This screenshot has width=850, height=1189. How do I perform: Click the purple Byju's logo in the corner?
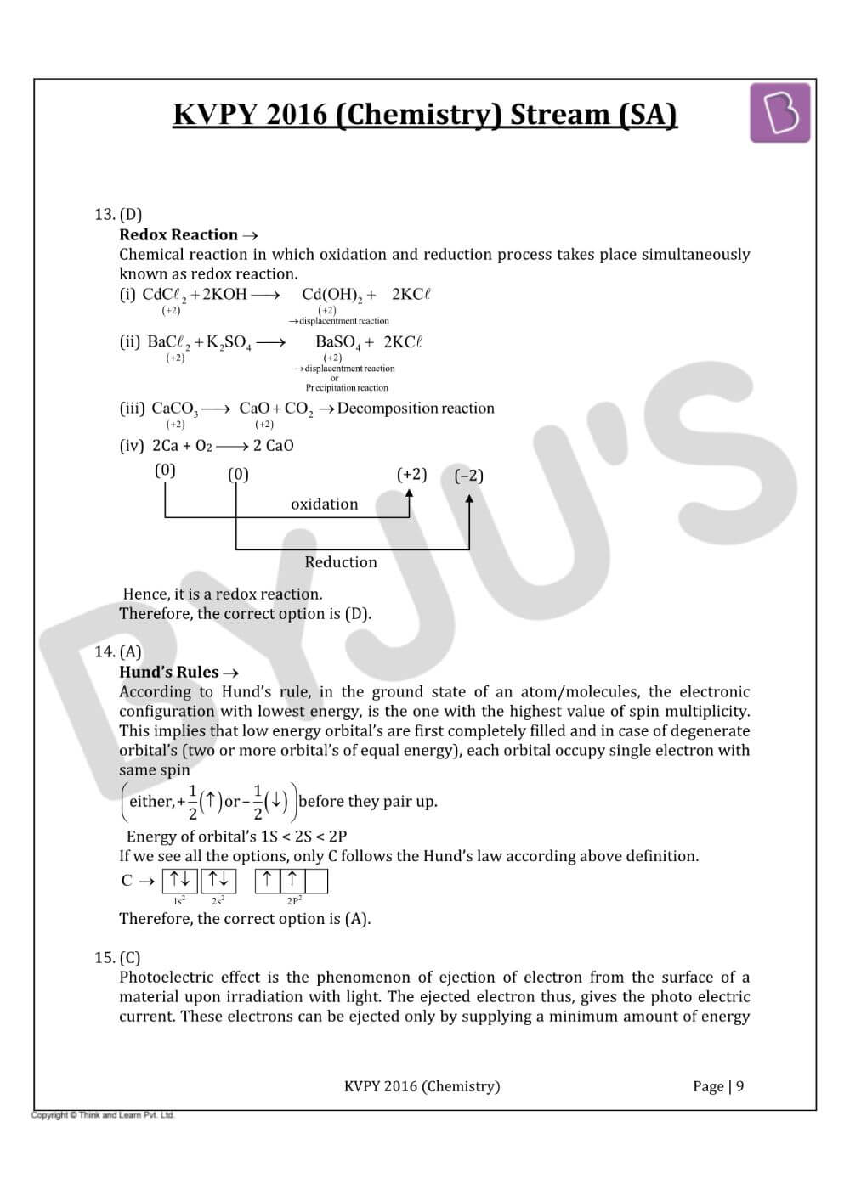point(779,113)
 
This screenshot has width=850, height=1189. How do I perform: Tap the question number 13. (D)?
point(118,214)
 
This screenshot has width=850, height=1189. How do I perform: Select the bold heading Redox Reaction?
point(178,234)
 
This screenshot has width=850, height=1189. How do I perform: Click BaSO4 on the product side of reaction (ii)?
point(337,342)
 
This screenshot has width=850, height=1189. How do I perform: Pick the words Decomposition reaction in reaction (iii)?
point(416,409)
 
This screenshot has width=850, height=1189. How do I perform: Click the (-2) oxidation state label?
point(468,476)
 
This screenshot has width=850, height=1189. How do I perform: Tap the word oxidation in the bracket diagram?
point(324,504)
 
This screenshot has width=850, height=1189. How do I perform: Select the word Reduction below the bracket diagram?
point(340,561)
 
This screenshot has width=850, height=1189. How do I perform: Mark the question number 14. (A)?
point(118,651)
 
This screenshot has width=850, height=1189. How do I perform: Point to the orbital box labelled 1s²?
point(179,880)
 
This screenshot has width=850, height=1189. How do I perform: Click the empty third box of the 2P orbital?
point(316,880)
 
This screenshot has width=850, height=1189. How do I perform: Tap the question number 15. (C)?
point(118,957)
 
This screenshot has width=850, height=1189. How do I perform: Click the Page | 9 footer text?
point(718,1086)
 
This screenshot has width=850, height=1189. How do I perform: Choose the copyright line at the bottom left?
point(103,1115)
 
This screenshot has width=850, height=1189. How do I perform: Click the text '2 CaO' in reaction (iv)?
point(273,446)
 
